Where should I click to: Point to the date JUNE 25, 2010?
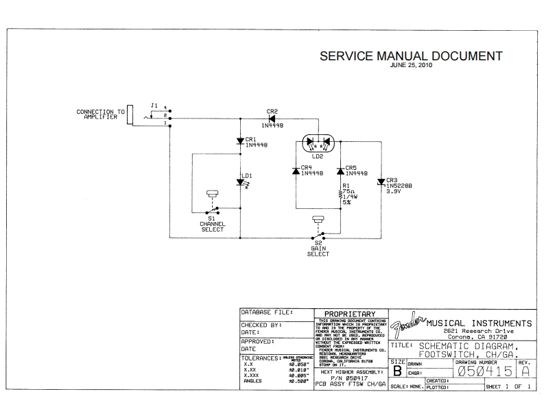[x=411, y=66]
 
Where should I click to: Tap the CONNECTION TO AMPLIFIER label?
[x=100, y=114]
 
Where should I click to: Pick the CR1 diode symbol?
[x=239, y=142]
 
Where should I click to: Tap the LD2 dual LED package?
[x=317, y=143]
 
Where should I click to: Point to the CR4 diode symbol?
[x=295, y=170]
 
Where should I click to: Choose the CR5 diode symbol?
[x=340, y=170]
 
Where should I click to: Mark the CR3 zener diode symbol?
[x=381, y=182]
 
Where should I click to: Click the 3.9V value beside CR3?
[x=393, y=192]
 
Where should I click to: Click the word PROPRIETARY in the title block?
[x=350, y=314]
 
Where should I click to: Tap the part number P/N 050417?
[x=349, y=378]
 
